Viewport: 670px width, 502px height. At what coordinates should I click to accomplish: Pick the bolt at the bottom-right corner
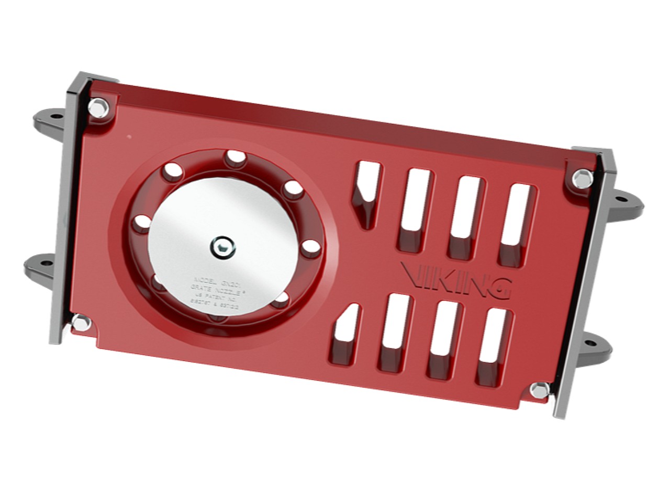click(x=539, y=390)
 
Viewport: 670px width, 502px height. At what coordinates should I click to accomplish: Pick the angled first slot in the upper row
click(x=366, y=193)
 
